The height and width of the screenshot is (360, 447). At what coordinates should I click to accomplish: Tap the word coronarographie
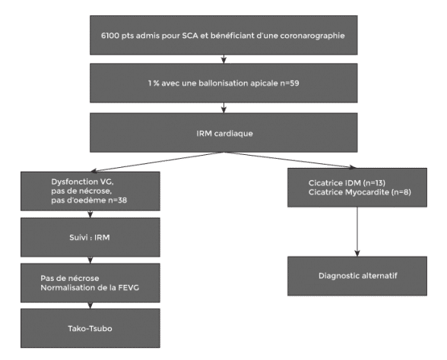click(312, 36)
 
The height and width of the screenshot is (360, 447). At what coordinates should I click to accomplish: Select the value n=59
click(290, 84)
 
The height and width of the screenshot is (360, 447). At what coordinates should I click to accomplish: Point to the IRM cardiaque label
click(225, 134)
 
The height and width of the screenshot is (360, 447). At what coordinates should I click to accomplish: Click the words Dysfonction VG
click(84, 182)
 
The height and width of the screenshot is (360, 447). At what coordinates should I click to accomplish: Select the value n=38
click(118, 201)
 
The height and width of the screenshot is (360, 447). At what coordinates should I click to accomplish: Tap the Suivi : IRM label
click(90, 238)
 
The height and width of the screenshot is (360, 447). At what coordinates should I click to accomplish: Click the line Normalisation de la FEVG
click(90, 288)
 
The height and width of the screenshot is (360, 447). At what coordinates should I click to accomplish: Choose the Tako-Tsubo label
click(90, 329)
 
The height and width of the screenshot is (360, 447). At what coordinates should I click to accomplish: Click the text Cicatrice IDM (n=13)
click(347, 183)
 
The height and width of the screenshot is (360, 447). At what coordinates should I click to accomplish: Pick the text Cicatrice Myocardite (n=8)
click(360, 192)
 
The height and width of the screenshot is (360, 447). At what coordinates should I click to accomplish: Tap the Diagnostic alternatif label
click(358, 276)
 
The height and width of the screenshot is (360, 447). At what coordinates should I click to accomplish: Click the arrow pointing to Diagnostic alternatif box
click(357, 232)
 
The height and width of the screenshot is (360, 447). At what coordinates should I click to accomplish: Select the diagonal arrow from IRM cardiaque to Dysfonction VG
click(157, 162)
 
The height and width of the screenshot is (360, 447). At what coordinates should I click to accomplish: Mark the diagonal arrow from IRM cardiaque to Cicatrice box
click(290, 160)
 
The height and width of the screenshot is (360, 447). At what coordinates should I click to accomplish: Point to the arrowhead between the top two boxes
click(223, 60)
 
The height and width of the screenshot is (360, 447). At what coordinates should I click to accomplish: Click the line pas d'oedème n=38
click(89, 201)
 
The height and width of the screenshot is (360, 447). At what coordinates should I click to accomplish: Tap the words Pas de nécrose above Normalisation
click(70, 278)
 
